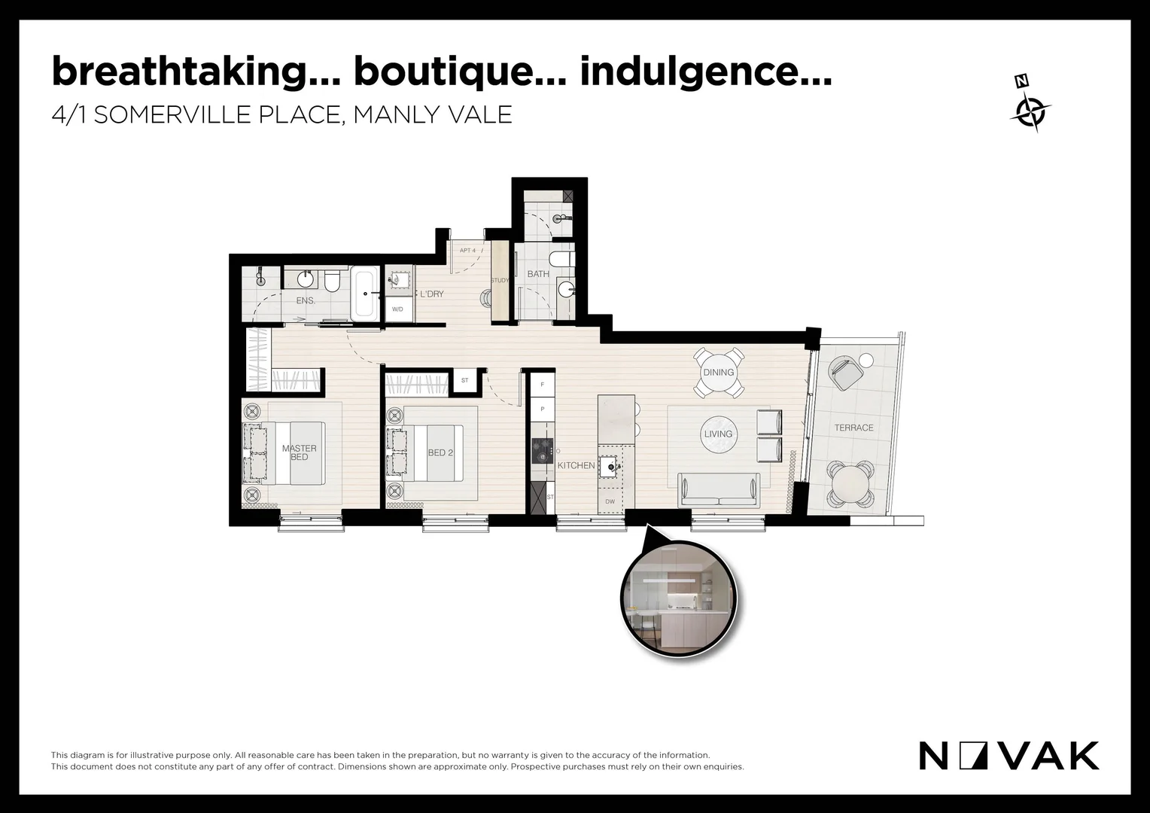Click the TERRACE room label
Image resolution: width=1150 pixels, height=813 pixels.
pos(853,428)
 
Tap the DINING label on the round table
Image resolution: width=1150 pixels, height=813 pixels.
pos(718,373)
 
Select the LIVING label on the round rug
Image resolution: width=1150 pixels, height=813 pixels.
pos(718,434)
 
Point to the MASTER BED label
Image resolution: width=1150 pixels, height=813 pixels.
pos(299,452)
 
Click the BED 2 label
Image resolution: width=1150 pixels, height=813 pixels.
pos(440,452)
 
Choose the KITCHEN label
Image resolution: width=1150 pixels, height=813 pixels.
pos(576,465)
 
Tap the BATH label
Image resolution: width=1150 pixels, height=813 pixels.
pos(537,274)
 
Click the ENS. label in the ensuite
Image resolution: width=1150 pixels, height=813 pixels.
pos(305,300)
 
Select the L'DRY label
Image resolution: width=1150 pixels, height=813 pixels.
pos(431,294)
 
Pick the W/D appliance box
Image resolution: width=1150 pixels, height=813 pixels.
pos(398,309)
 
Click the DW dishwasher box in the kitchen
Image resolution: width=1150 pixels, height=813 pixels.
pos(610,501)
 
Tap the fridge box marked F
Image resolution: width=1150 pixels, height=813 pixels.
pos(542,385)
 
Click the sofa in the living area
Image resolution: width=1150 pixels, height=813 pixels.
pos(719,490)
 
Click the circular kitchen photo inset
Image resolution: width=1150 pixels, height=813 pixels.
pos(679,598)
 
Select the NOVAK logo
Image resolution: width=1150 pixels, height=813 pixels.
pos(1009,756)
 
